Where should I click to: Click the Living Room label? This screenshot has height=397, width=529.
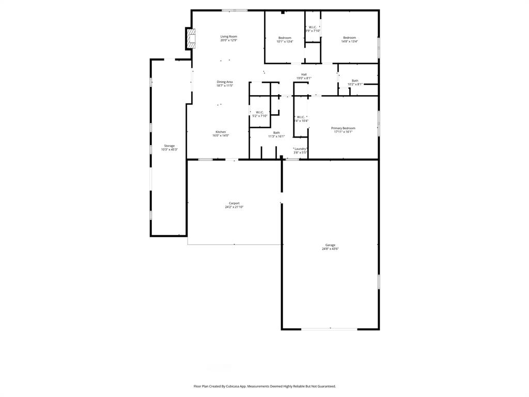pyautogui.click(x=228, y=37)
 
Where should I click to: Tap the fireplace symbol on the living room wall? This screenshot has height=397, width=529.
pyautogui.click(x=192, y=39)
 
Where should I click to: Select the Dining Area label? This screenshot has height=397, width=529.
pyautogui.click(x=224, y=82)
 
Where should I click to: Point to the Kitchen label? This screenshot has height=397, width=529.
pyautogui.click(x=221, y=132)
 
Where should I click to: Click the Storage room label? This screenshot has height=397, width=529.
pyautogui.click(x=169, y=146)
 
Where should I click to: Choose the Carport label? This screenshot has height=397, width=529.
pyautogui.click(x=234, y=203)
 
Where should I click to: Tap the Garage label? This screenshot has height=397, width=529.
pyautogui.click(x=330, y=245)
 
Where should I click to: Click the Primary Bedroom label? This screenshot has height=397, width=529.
pyautogui.click(x=343, y=128)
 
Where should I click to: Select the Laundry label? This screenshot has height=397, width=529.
pyautogui.click(x=300, y=149)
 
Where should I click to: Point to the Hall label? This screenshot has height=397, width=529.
pyautogui.click(x=304, y=74)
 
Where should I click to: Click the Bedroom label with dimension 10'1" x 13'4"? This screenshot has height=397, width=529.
pyautogui.click(x=285, y=38)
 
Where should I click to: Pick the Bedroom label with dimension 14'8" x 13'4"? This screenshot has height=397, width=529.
pyautogui.click(x=349, y=38)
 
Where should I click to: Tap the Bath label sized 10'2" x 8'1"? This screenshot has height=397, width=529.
pyautogui.click(x=355, y=81)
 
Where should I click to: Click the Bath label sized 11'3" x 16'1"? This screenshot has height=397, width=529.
pyautogui.click(x=276, y=133)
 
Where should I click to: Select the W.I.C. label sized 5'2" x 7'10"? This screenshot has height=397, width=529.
pyautogui.click(x=259, y=112)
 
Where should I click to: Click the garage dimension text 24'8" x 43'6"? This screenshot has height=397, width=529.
pyautogui.click(x=330, y=249)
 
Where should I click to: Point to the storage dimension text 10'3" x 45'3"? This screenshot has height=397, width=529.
pyautogui.click(x=169, y=150)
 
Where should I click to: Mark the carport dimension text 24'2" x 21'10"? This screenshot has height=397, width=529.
pyautogui.click(x=234, y=207)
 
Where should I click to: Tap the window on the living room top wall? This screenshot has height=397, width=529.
pyautogui.click(x=234, y=10)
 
